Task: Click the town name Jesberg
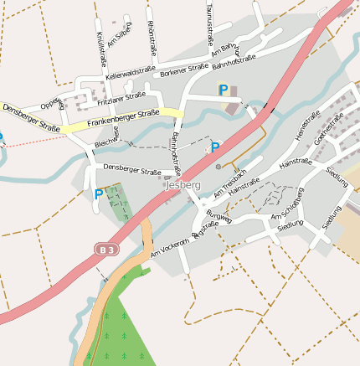tap(183, 184)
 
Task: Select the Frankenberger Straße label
tap(122, 117)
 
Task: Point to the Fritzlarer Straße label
tap(121, 98)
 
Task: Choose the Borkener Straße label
tap(183, 70)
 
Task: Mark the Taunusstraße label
tap(207, 23)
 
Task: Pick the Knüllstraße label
tap(101, 49)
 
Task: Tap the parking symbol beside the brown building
tap(223, 90)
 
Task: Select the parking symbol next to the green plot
tap(99, 194)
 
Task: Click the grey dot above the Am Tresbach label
tap(219, 166)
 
